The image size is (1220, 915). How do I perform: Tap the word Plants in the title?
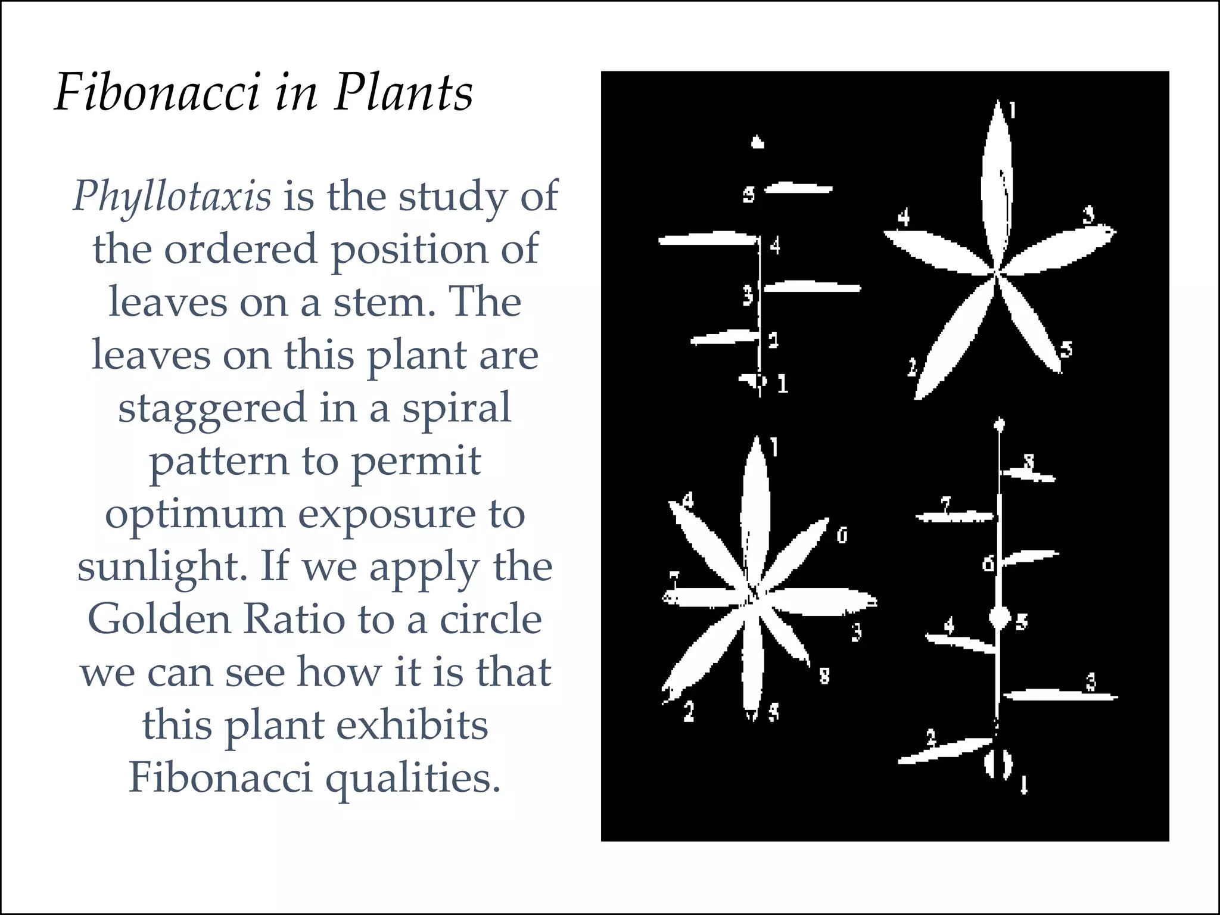tap(403, 93)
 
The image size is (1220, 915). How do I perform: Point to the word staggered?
tap(211, 409)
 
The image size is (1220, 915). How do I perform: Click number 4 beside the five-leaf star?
tap(904, 217)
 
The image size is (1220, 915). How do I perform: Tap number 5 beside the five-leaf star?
tap(1066, 350)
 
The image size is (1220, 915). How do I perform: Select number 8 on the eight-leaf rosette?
tap(824, 676)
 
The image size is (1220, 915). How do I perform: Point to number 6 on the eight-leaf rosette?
tap(842, 536)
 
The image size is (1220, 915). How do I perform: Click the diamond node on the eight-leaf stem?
tap(999, 617)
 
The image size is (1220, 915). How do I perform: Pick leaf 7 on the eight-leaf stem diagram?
tap(953, 516)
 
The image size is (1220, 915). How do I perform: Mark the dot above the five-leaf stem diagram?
tap(757, 142)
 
